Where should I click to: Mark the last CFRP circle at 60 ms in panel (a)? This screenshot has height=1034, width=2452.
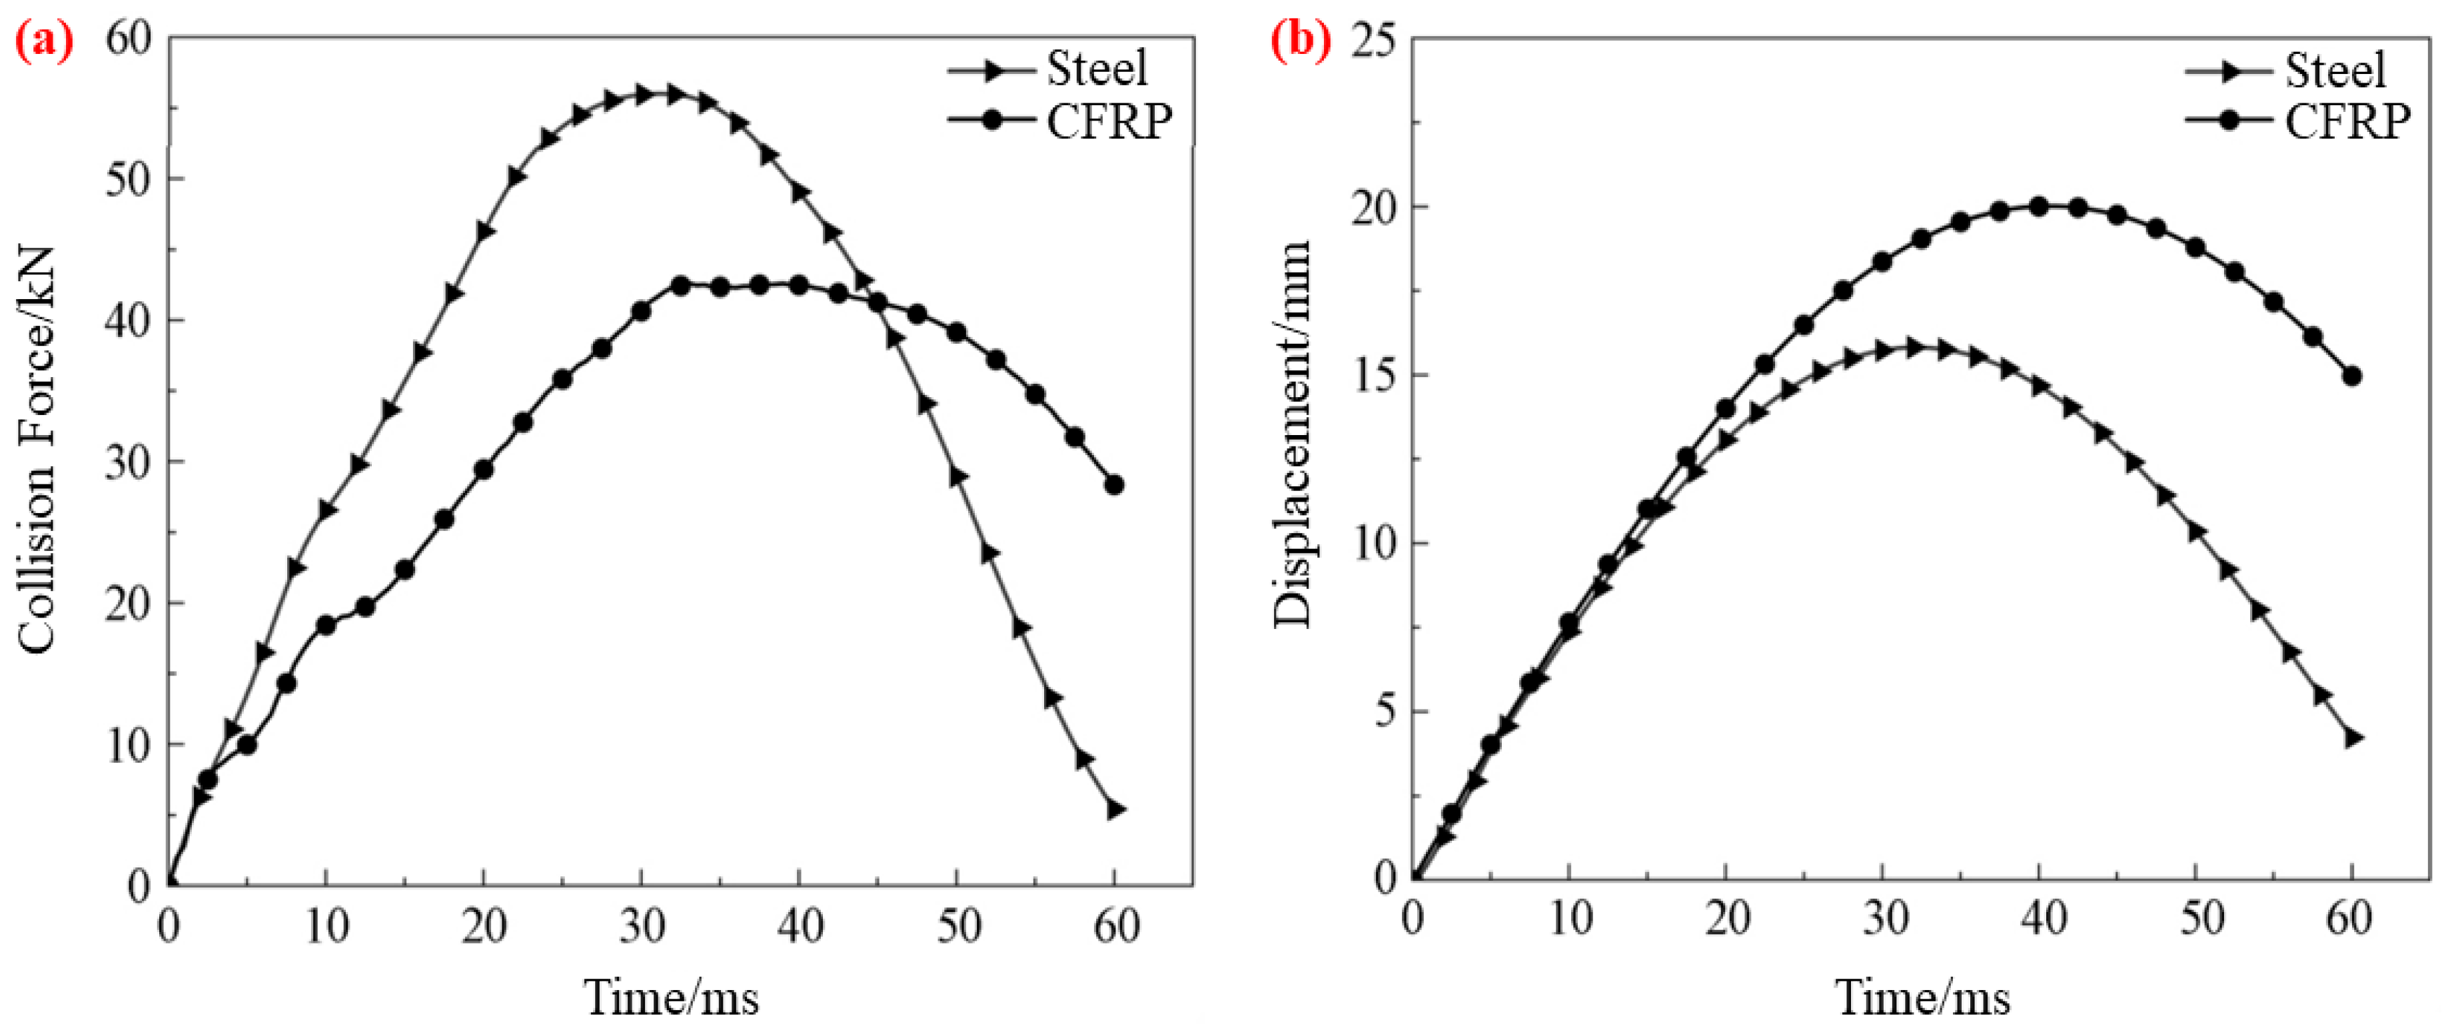(1113, 484)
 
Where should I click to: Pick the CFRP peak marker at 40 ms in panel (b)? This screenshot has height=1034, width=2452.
(2039, 207)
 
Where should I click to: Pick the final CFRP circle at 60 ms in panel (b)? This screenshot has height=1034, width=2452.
(2352, 376)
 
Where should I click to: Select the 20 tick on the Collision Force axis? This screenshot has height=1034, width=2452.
(129, 604)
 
